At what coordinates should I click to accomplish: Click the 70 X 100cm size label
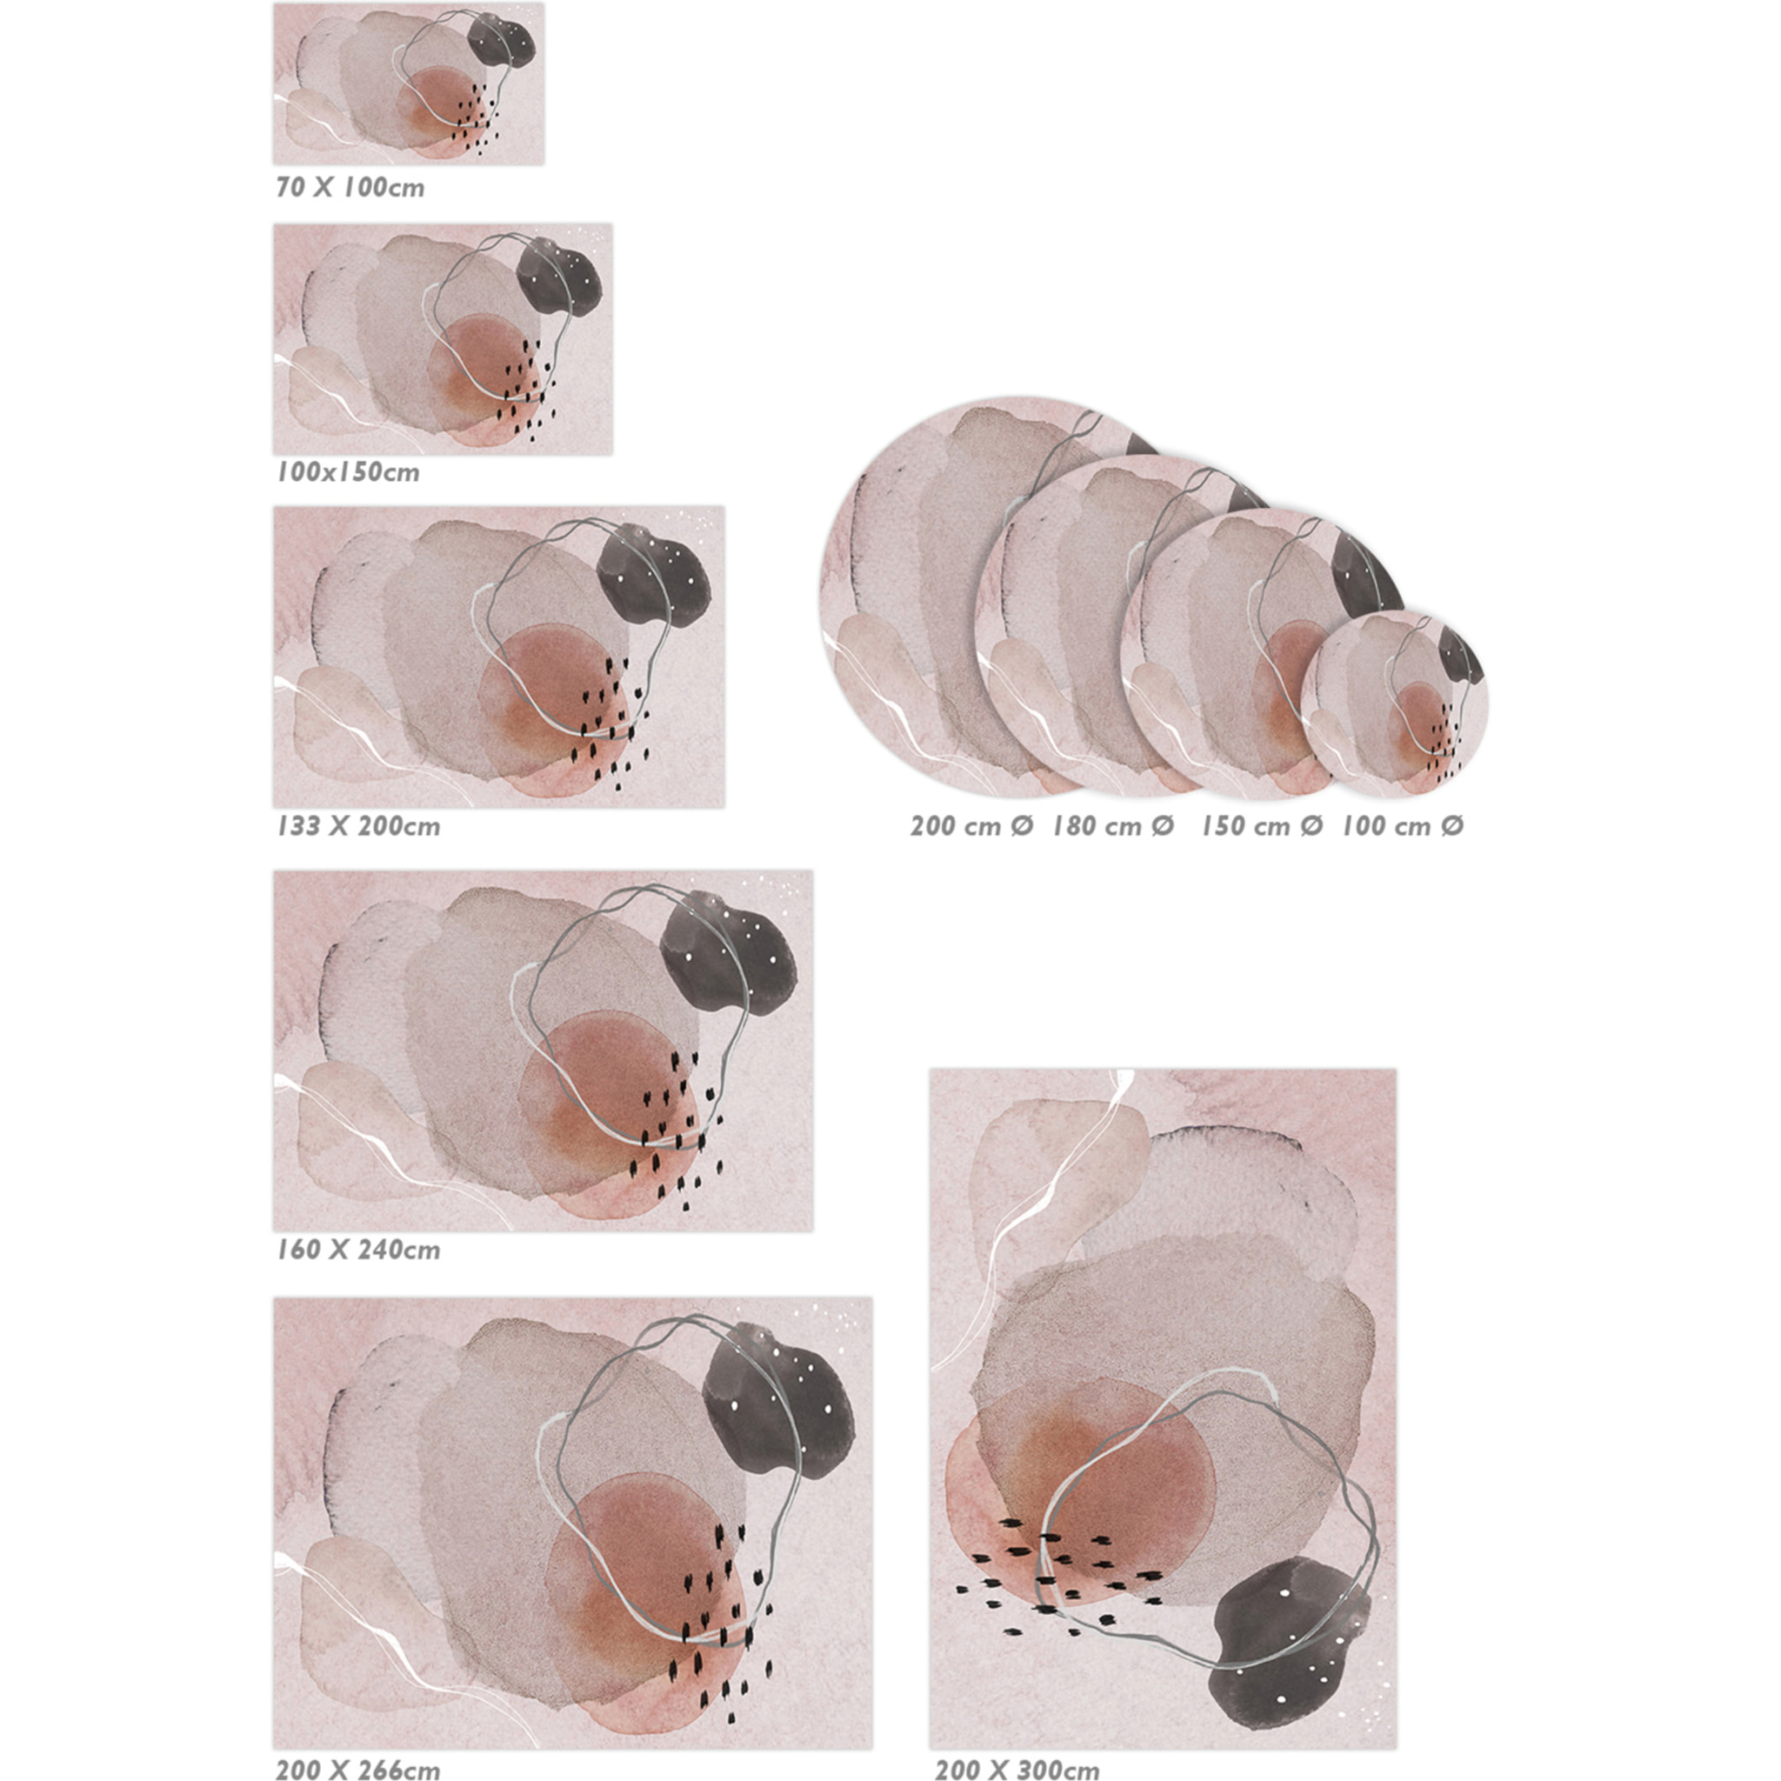coord(350,187)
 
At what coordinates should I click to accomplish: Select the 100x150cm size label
coord(348,472)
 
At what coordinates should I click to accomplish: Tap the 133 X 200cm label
coord(357,825)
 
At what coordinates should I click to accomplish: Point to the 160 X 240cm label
coord(357,1249)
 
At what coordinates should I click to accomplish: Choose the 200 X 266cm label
coord(357,1769)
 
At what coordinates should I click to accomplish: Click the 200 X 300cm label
coord(1017,1769)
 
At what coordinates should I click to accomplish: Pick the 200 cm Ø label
coord(971,825)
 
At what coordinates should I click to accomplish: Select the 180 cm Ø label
coord(1114,825)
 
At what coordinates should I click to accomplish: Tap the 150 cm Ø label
coord(1261,825)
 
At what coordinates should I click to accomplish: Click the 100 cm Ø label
coord(1402,825)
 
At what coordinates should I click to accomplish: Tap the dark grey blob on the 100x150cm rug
coord(558,277)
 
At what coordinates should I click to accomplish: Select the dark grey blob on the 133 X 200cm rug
coord(654,575)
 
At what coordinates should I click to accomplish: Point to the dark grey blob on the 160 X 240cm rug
coord(728,952)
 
